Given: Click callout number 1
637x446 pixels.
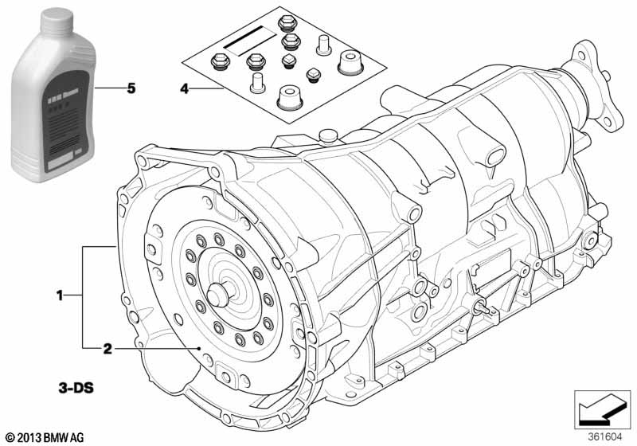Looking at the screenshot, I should click(x=59, y=296).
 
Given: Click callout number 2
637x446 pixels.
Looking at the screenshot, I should click(x=106, y=348).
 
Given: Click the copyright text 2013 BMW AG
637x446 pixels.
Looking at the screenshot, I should click(x=46, y=436).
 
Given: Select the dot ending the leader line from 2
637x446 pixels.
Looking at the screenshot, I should click(x=198, y=349).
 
